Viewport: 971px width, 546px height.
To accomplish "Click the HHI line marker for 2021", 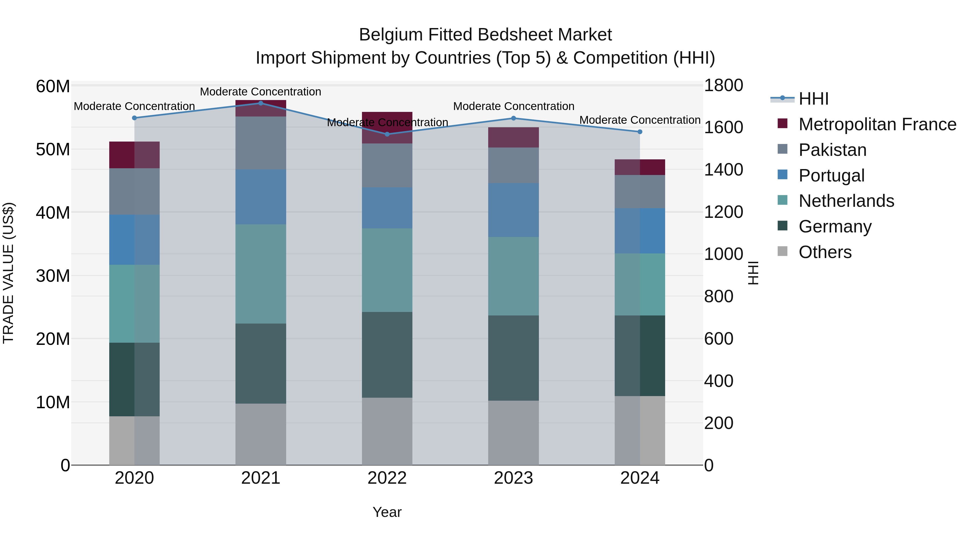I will pos(261,103).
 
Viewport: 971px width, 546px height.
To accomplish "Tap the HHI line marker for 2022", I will pos(387,134).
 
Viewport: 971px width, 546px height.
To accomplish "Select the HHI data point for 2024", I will pos(640,132).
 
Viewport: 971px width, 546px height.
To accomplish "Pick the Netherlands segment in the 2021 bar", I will pos(261,274).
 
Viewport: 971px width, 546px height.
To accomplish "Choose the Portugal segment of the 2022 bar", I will pos(387,208).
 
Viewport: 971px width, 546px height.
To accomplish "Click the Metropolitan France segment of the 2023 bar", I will pos(513,137).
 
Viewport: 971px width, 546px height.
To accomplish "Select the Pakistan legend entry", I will pos(832,150).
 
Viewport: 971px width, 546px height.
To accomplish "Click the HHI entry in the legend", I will pos(813,99).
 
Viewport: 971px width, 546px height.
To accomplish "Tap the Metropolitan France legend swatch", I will pos(782,123).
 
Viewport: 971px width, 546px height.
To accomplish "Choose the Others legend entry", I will pos(825,252).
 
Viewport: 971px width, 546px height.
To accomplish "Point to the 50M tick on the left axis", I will pos(53,150).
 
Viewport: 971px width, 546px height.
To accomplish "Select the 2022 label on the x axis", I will pos(387,478).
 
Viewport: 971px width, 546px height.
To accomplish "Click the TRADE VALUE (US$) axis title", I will pos(9,273).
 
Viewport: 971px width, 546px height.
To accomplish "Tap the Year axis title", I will pos(387,512).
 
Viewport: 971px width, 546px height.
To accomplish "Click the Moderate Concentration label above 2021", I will pos(261,92).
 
